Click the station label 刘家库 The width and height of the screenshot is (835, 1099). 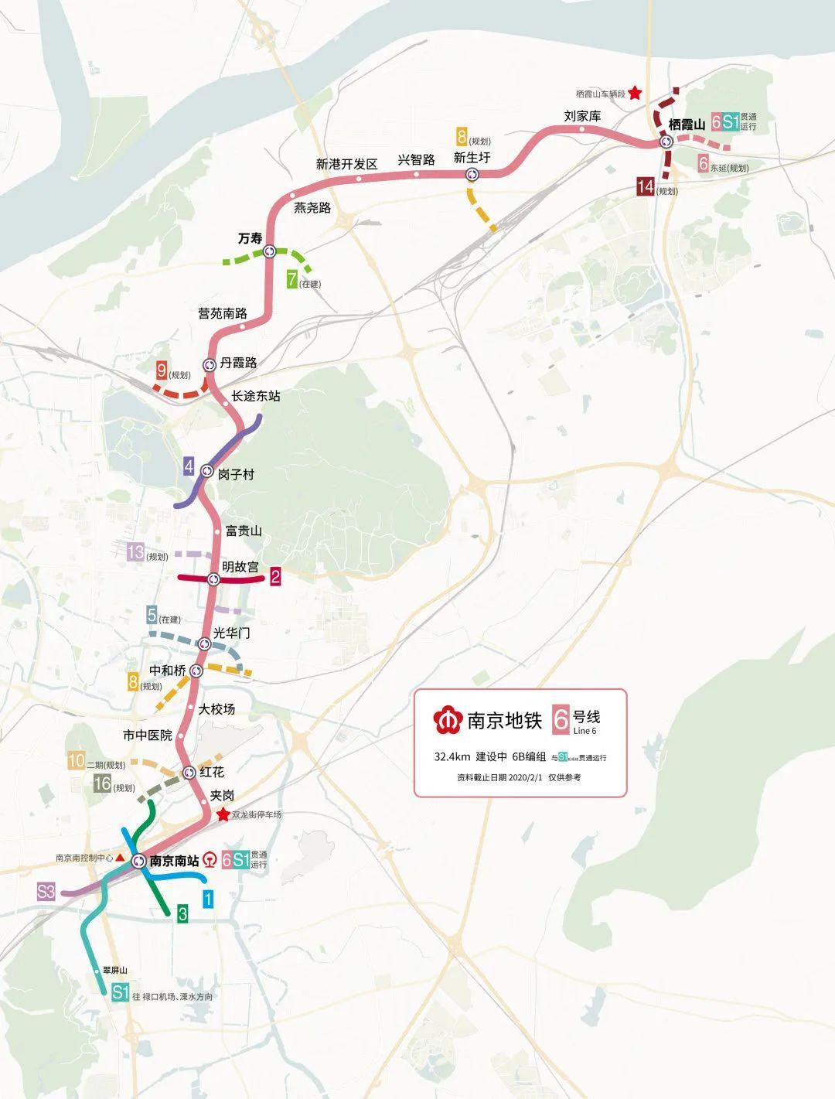coord(582,116)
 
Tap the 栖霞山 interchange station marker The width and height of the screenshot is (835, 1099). coord(666,142)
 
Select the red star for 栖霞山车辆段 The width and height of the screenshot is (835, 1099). coord(634,93)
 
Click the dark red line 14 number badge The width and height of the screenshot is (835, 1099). coord(646,186)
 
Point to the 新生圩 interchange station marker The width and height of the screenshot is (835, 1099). coord(472,175)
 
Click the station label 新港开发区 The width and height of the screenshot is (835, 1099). coord(346,164)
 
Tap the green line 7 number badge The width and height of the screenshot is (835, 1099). coord(292,279)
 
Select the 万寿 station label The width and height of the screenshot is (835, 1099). coord(250,238)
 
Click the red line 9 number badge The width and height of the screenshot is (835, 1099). coord(162,370)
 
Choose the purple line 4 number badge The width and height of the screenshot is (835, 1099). coord(188,466)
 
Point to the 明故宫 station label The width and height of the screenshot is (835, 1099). coord(240,567)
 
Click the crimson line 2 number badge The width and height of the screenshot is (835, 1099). coord(275,575)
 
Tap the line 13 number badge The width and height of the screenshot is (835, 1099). coord(136,552)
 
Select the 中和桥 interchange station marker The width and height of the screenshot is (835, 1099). coord(196,671)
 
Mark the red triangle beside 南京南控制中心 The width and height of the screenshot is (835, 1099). coord(120,857)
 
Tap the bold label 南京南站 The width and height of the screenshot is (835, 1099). coord(174,860)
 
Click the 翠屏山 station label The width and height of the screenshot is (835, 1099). coord(114,970)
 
